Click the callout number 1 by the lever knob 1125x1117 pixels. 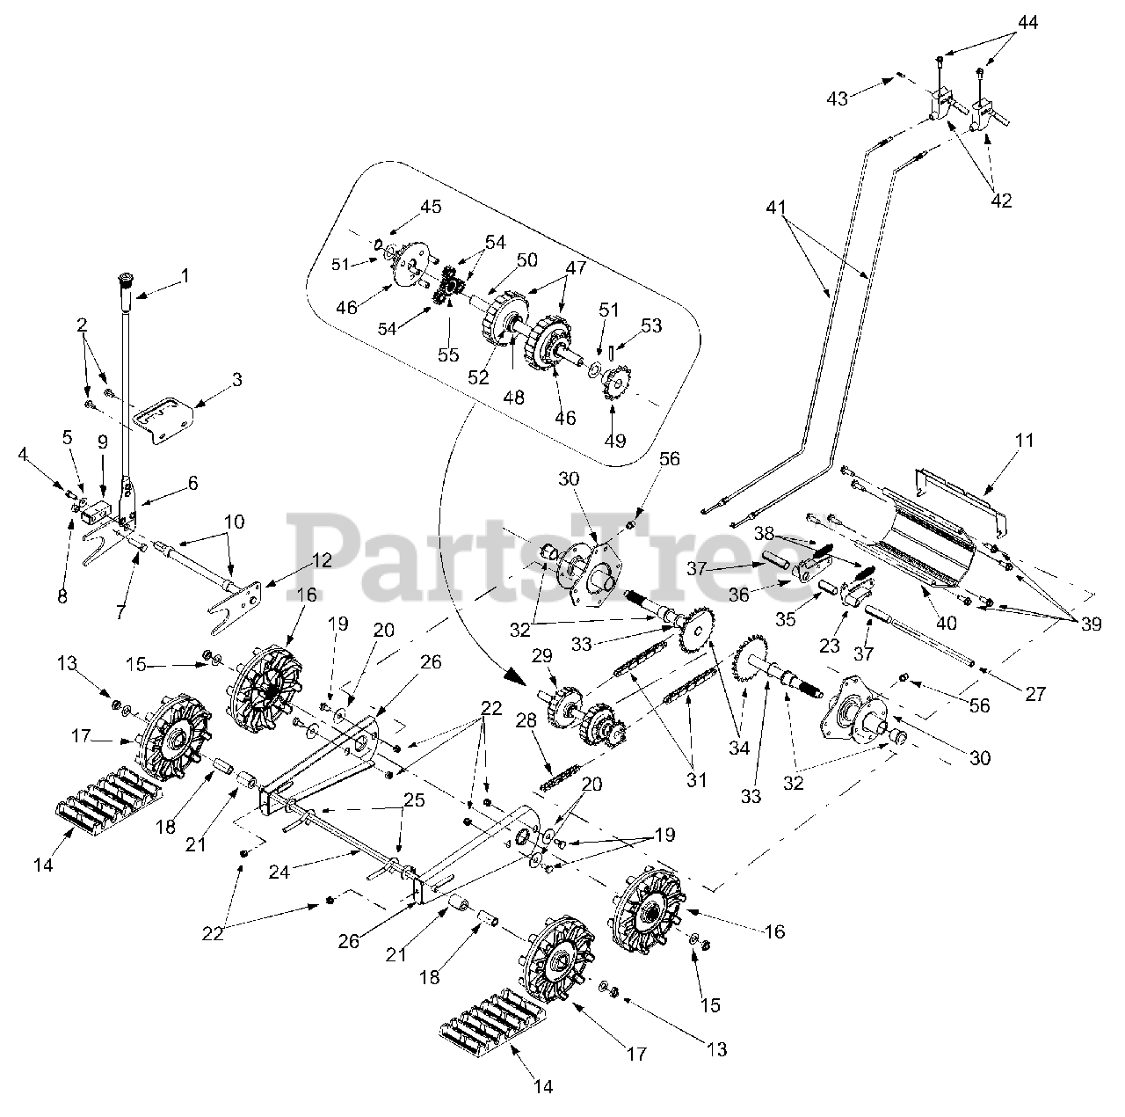pyautogui.click(x=185, y=275)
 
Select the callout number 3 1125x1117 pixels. pyautogui.click(x=213, y=380)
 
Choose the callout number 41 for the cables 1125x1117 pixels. pyautogui.click(x=776, y=208)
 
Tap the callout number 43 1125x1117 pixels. pyautogui.click(x=838, y=99)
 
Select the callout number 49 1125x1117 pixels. pyautogui.click(x=615, y=440)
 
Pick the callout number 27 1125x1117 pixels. pyautogui.click(x=1035, y=694)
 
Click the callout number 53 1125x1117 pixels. pyautogui.click(x=651, y=326)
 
